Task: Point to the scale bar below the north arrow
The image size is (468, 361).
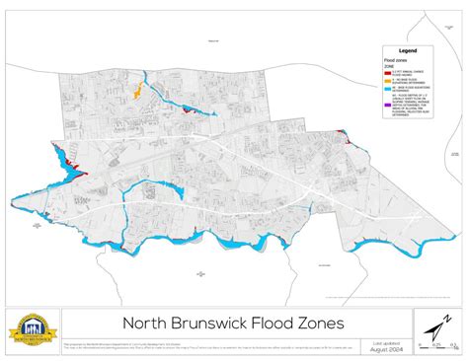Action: (x=434, y=343)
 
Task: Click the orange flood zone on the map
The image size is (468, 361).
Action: (x=137, y=95)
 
